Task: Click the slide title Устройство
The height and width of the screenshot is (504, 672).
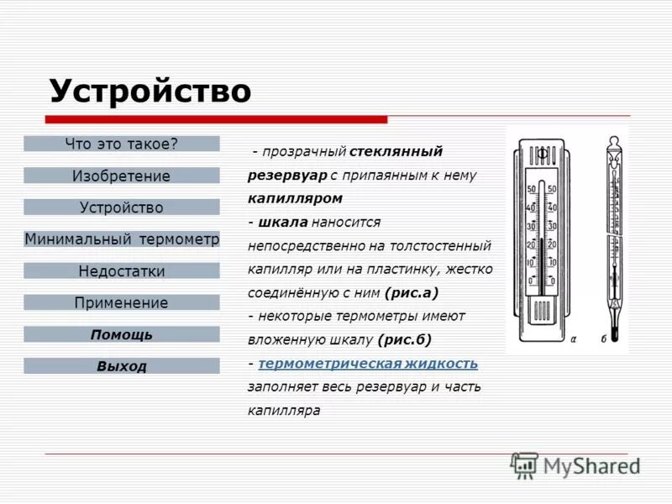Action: pyautogui.click(x=150, y=91)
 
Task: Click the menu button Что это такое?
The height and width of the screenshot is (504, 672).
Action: pyautogui.click(x=122, y=144)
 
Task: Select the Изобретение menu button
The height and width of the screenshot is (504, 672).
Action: pyautogui.click(x=122, y=176)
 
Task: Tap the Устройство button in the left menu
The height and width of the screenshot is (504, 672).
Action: pyautogui.click(x=122, y=207)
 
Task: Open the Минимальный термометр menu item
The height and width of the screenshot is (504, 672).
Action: pyautogui.click(x=122, y=239)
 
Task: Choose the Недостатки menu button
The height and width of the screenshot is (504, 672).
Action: pyautogui.click(x=122, y=271)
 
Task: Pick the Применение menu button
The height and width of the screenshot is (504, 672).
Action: pyautogui.click(x=122, y=302)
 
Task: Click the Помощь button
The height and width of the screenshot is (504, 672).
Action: pyautogui.click(x=122, y=334)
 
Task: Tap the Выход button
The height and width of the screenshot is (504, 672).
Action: pyautogui.click(x=122, y=366)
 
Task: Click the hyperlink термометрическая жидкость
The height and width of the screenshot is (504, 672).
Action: pyautogui.click(x=368, y=364)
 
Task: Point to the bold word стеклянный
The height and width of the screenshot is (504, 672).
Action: pyautogui.click(x=396, y=151)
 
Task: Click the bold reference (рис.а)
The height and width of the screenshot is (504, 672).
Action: pyautogui.click(x=412, y=293)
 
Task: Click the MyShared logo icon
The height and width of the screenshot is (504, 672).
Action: pyautogui.click(x=525, y=465)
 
